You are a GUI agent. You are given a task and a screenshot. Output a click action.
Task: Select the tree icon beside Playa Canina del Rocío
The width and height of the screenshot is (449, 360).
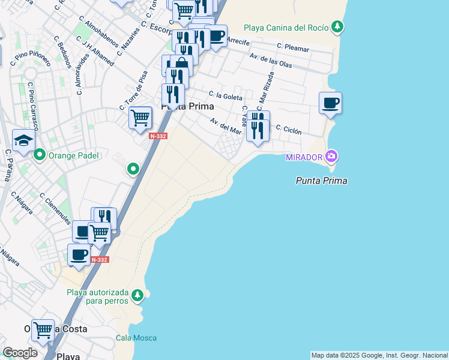coord(339,27)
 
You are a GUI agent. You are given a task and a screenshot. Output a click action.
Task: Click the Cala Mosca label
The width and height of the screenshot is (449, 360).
coord(136,338)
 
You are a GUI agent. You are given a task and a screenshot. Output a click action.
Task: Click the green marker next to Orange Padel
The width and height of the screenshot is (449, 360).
coord(40,155)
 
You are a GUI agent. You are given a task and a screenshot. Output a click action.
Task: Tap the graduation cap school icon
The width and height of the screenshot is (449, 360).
coord(23,141)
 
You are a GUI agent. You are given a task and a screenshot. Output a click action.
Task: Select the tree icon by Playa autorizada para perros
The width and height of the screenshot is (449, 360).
coord(138,295)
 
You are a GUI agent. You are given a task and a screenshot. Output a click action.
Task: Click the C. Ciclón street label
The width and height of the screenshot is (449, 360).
coord(289,129)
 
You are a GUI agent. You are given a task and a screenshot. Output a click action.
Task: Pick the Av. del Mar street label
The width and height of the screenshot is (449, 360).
coord(226,126)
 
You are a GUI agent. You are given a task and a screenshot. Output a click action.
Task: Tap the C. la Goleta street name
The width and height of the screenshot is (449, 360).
coord(226,96)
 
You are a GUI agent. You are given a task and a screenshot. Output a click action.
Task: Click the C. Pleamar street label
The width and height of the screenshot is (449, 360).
coord(293,46)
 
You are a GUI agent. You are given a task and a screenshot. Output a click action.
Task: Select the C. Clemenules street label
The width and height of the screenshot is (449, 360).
coord(55,208)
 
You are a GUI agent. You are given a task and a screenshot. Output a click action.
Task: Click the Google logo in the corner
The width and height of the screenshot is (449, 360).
coord(20,352)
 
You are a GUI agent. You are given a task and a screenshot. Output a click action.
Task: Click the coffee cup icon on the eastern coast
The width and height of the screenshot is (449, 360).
coord(330,103)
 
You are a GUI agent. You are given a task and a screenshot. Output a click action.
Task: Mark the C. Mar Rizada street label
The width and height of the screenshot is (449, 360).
coord(267,91)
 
